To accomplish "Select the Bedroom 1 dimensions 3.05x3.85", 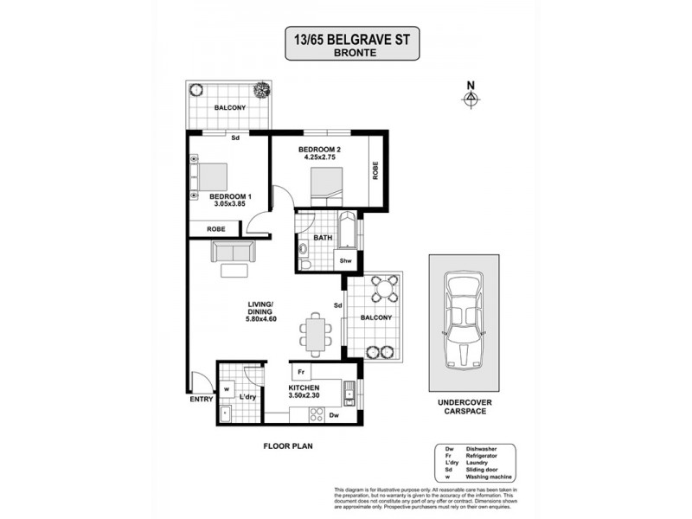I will click(228, 205).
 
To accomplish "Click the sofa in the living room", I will click(233, 253).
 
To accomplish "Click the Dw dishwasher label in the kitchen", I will click(333, 415).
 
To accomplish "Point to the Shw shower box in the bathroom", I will click(344, 260).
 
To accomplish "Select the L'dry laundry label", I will click(248, 397).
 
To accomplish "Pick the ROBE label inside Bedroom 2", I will click(375, 170).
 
